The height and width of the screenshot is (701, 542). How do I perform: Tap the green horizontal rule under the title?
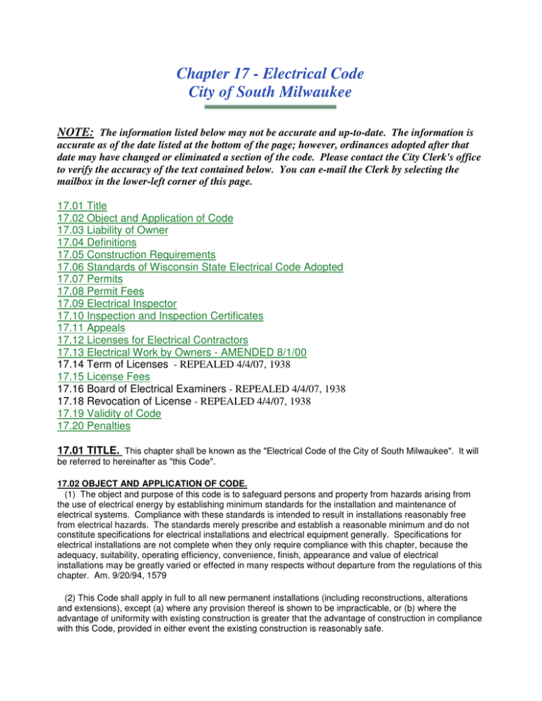(271, 107)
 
